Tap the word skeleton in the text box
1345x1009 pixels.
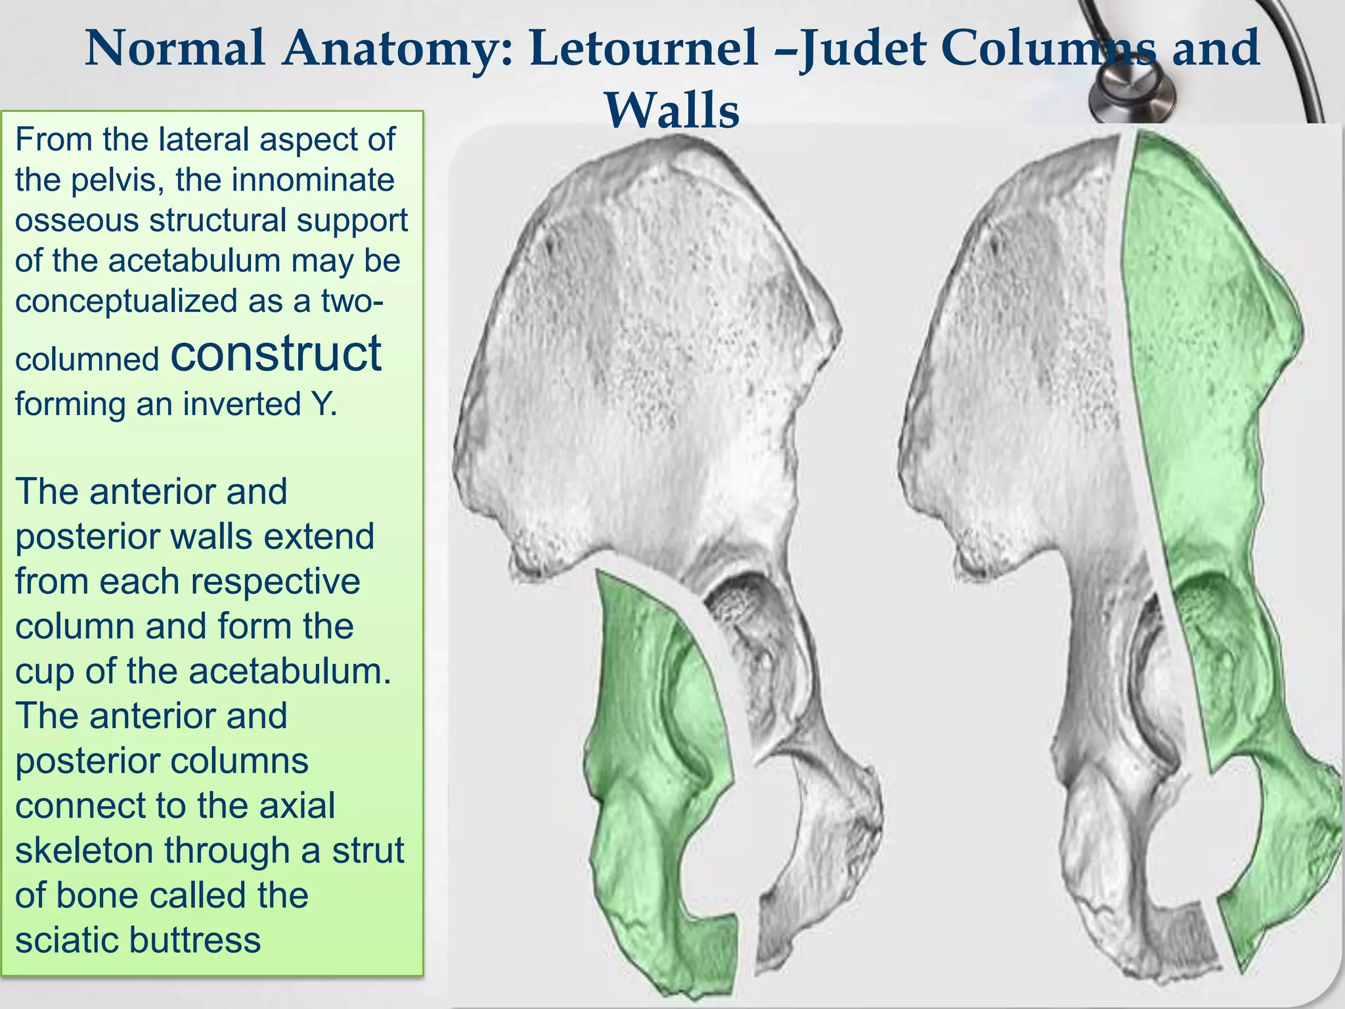point(85,850)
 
